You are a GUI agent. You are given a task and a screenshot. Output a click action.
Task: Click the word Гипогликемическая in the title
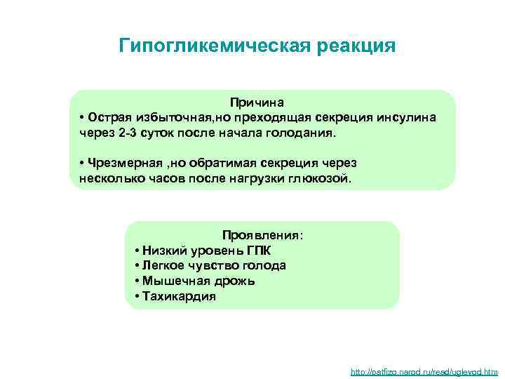pos(206,46)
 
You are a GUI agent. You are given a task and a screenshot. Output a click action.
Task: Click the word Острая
pos(109,117)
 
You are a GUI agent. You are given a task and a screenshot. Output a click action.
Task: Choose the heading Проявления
pos(263,234)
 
